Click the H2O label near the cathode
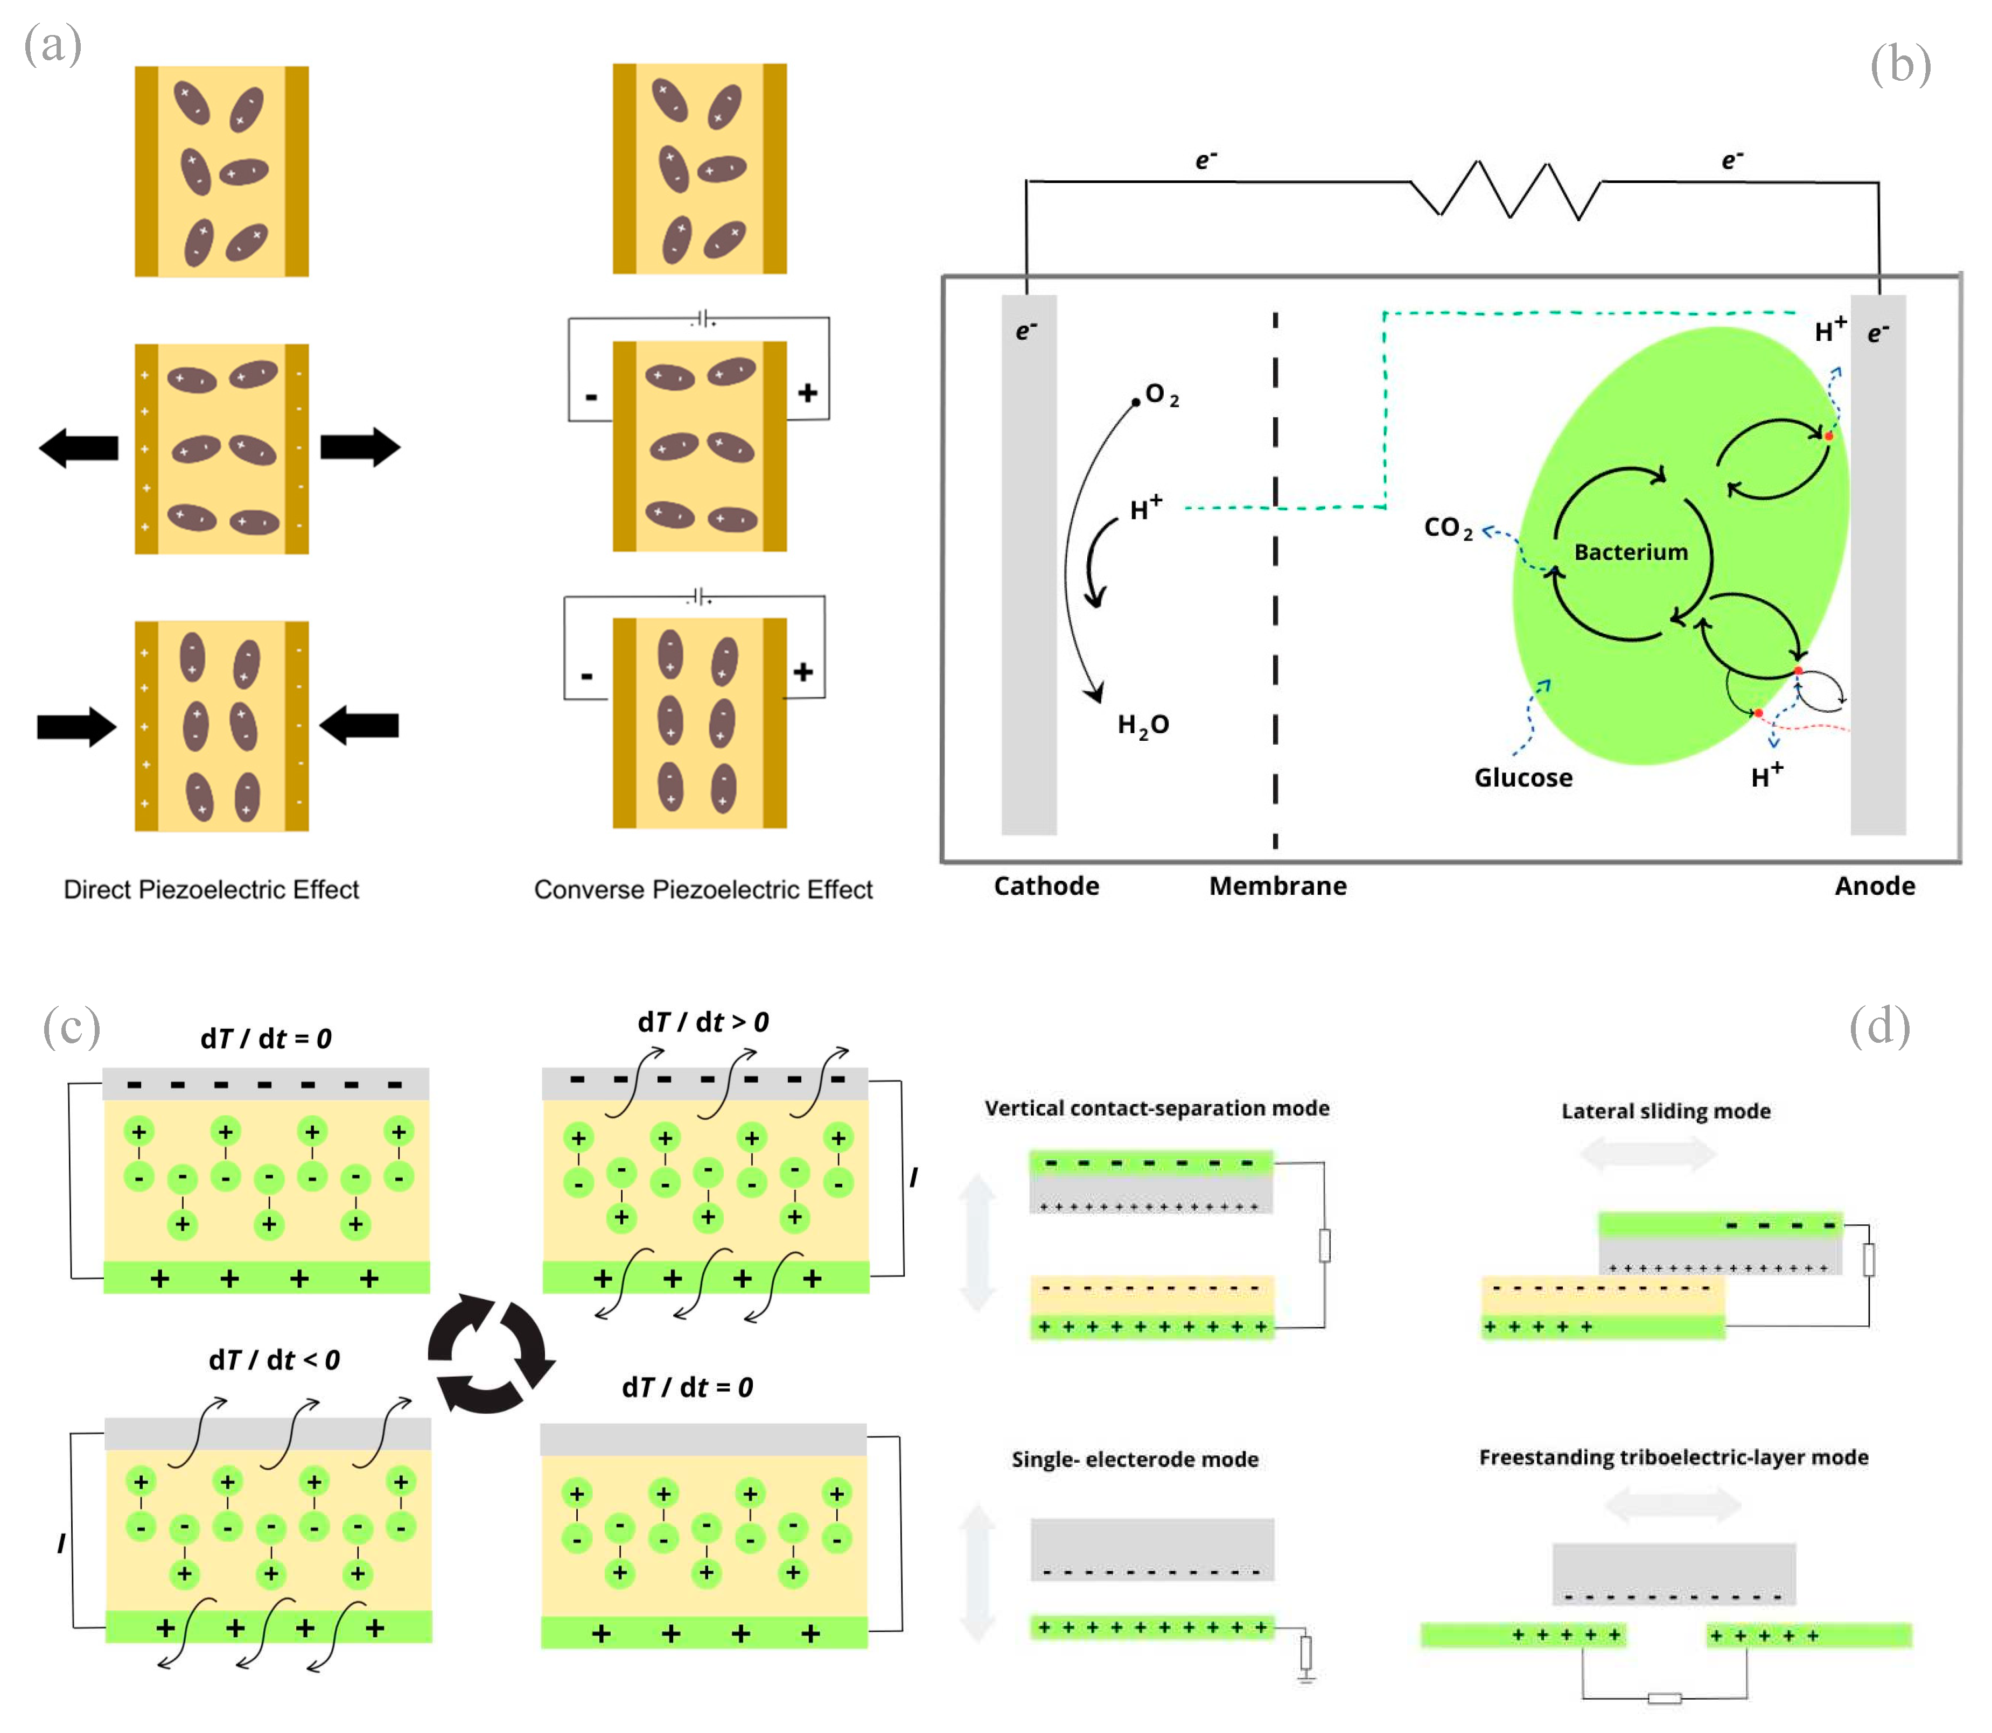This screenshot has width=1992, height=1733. (1143, 725)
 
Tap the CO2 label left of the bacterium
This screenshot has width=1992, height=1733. (1448, 528)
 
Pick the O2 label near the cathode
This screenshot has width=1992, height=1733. (1161, 395)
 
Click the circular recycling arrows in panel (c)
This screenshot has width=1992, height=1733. (491, 1353)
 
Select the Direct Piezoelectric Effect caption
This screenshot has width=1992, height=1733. (211, 890)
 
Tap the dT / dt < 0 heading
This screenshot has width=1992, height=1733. (274, 1360)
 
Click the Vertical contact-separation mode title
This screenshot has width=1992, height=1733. (1156, 1108)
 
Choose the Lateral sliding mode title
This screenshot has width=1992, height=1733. (1665, 1111)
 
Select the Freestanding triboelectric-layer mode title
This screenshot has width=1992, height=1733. (1673, 1457)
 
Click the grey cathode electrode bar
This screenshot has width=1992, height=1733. (1029, 580)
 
